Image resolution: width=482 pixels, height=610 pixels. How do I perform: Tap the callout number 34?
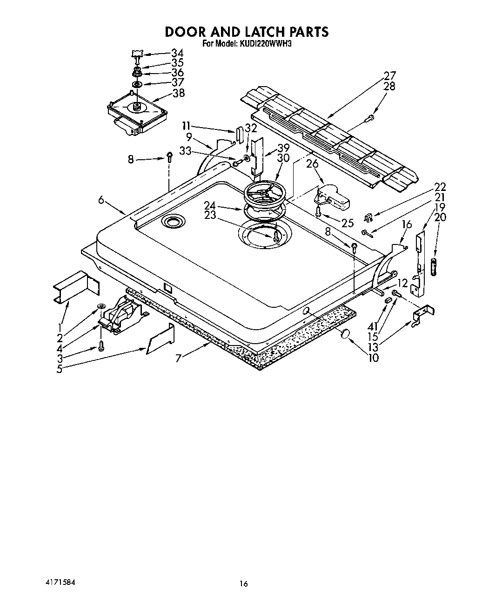(x=177, y=53)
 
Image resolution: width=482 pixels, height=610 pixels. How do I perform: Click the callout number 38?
(x=178, y=93)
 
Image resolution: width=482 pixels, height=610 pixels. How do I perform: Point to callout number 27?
(x=389, y=76)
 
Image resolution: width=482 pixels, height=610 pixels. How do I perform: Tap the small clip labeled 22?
(x=368, y=216)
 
